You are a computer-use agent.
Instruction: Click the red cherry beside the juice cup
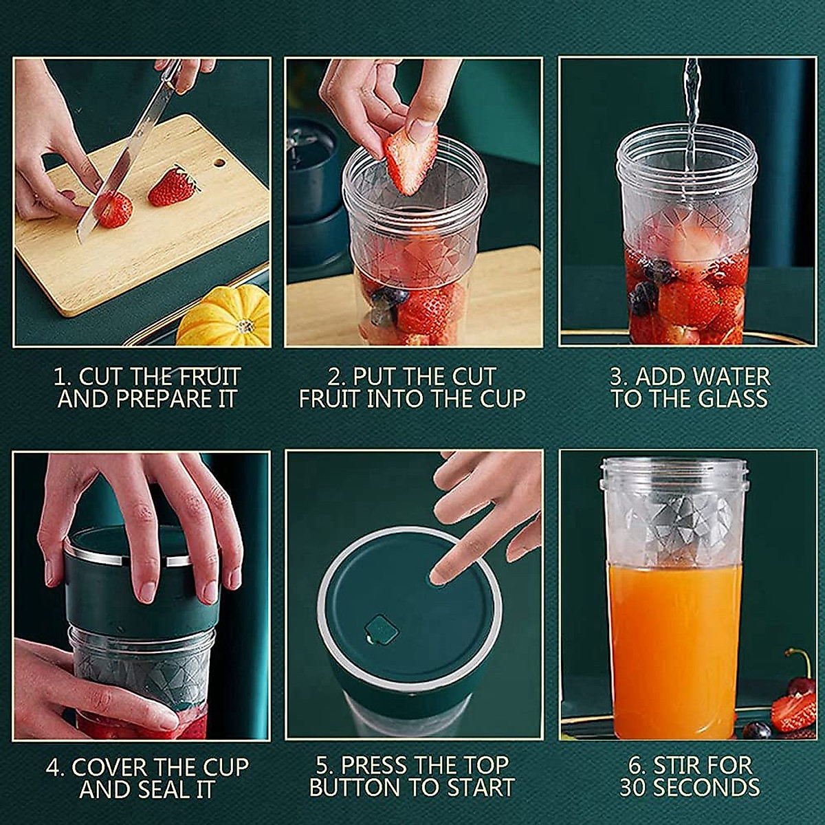coord(801,684)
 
